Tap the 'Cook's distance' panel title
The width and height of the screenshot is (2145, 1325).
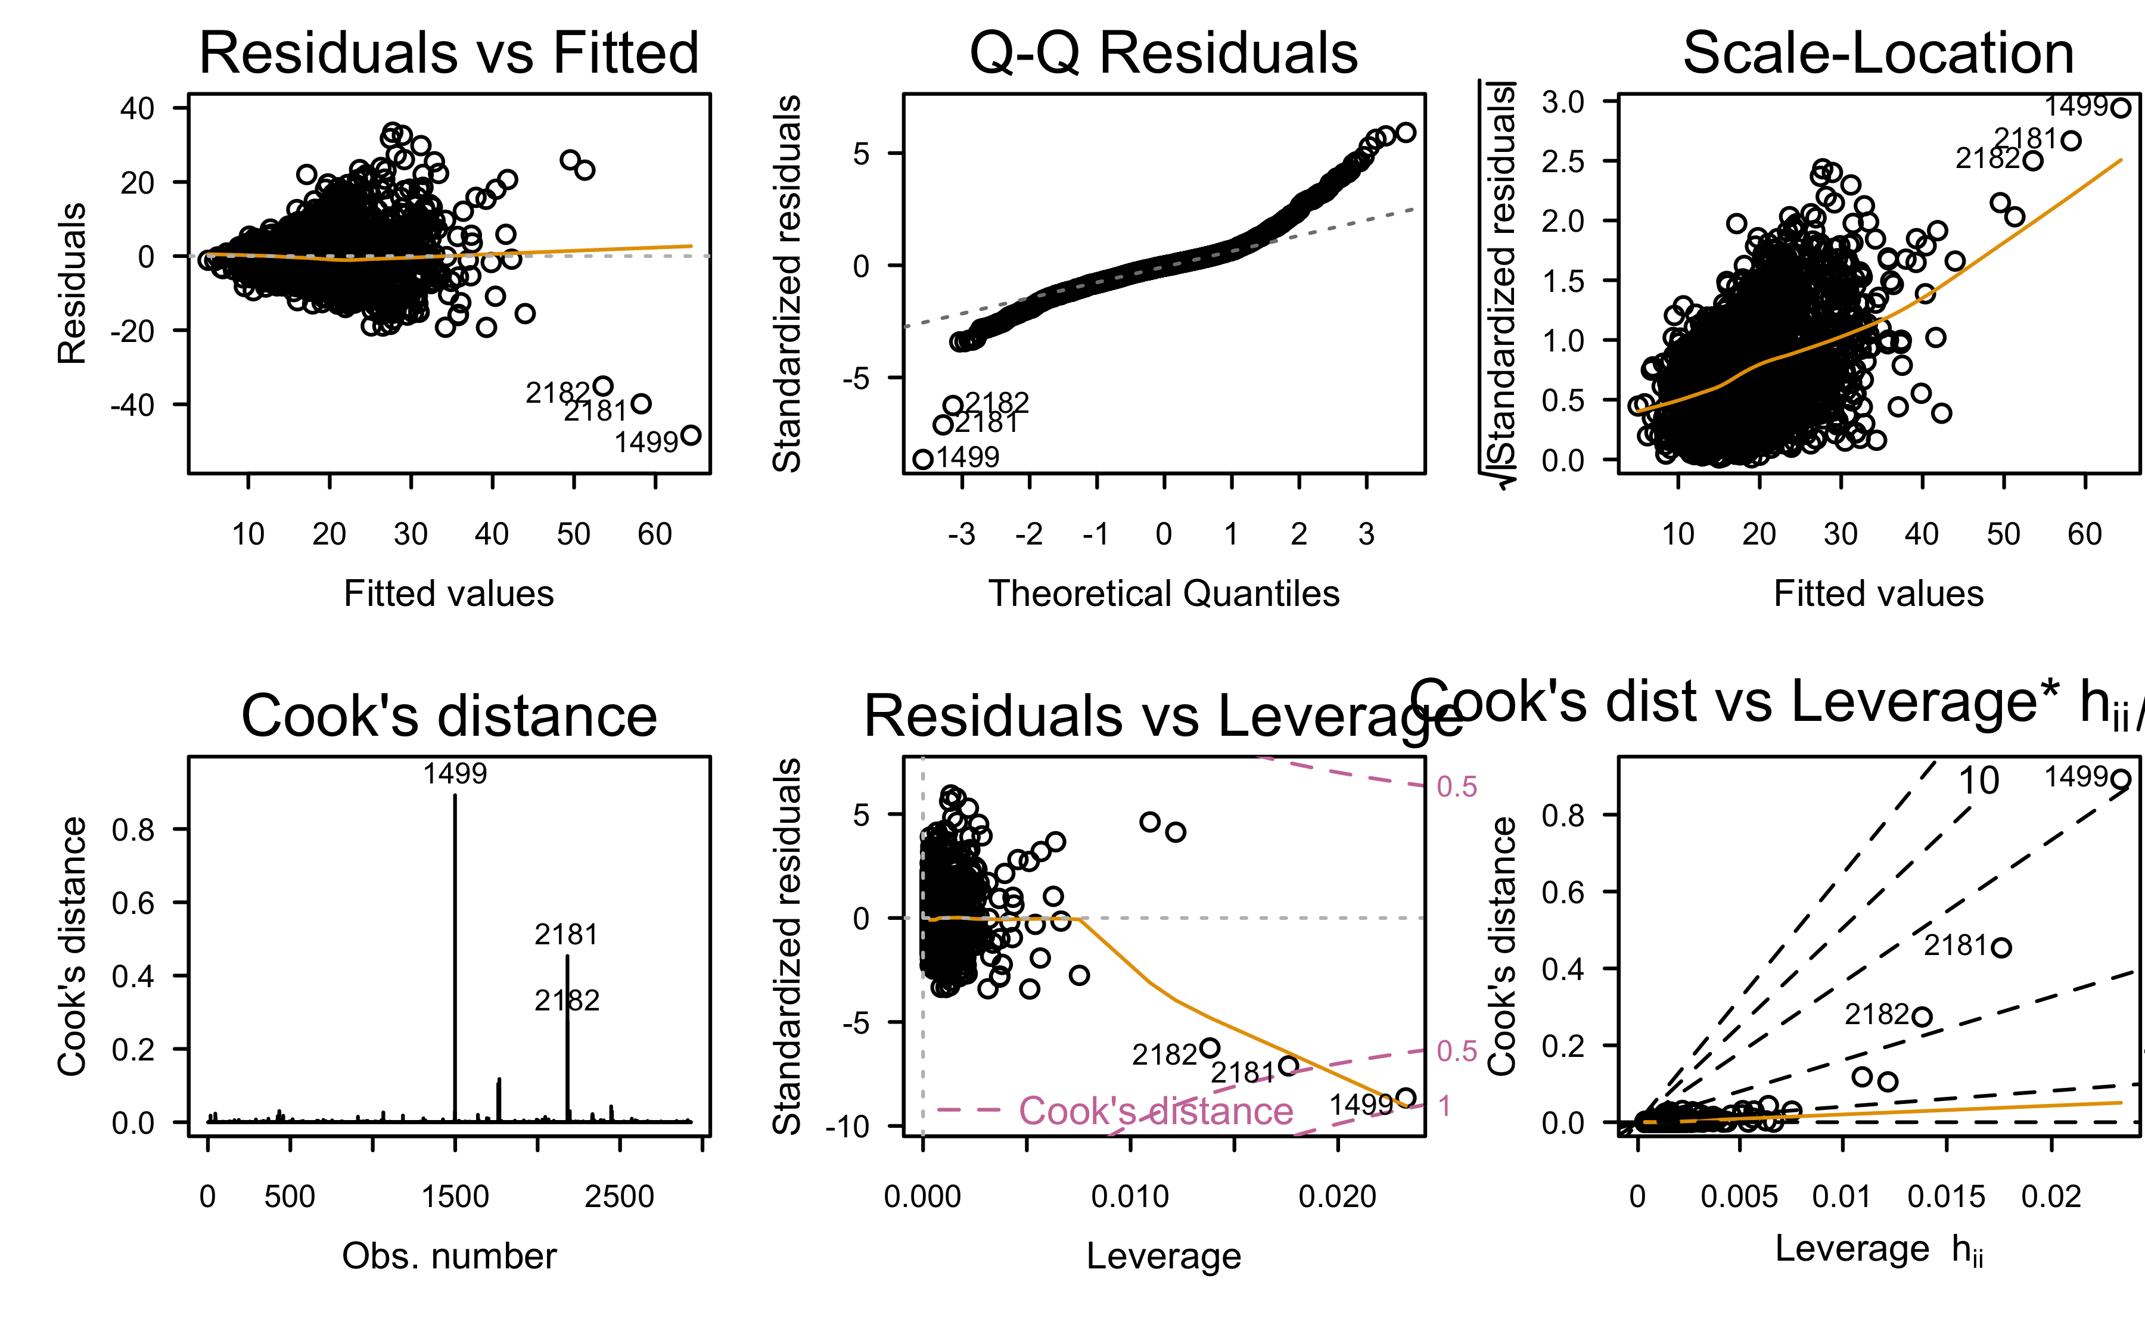coord(449,716)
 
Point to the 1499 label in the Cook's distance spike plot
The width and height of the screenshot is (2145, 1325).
coord(455,774)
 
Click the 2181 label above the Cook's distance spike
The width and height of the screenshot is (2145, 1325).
coord(566,935)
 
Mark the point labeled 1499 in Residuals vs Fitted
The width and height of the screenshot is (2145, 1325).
coord(691,435)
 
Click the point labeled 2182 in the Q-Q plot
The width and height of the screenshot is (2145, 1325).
coord(953,405)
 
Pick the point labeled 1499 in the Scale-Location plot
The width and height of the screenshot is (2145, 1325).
coord(2121,108)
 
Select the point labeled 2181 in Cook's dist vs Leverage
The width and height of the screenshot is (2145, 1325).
coord(2001,947)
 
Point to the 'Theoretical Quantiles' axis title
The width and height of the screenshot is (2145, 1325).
coord(1164,593)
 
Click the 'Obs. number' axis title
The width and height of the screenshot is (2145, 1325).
coord(449,1256)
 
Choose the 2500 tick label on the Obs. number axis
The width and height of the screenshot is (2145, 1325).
coord(620,1197)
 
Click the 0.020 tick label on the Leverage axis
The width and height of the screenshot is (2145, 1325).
coord(1337,1197)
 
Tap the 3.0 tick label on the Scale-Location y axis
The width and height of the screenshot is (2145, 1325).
coord(1563,102)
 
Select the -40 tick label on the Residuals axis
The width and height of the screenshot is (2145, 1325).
coord(132,406)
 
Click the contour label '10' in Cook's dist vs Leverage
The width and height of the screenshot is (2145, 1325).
coord(1979,781)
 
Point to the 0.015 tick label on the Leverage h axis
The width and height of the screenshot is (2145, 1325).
coord(1946,1197)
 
